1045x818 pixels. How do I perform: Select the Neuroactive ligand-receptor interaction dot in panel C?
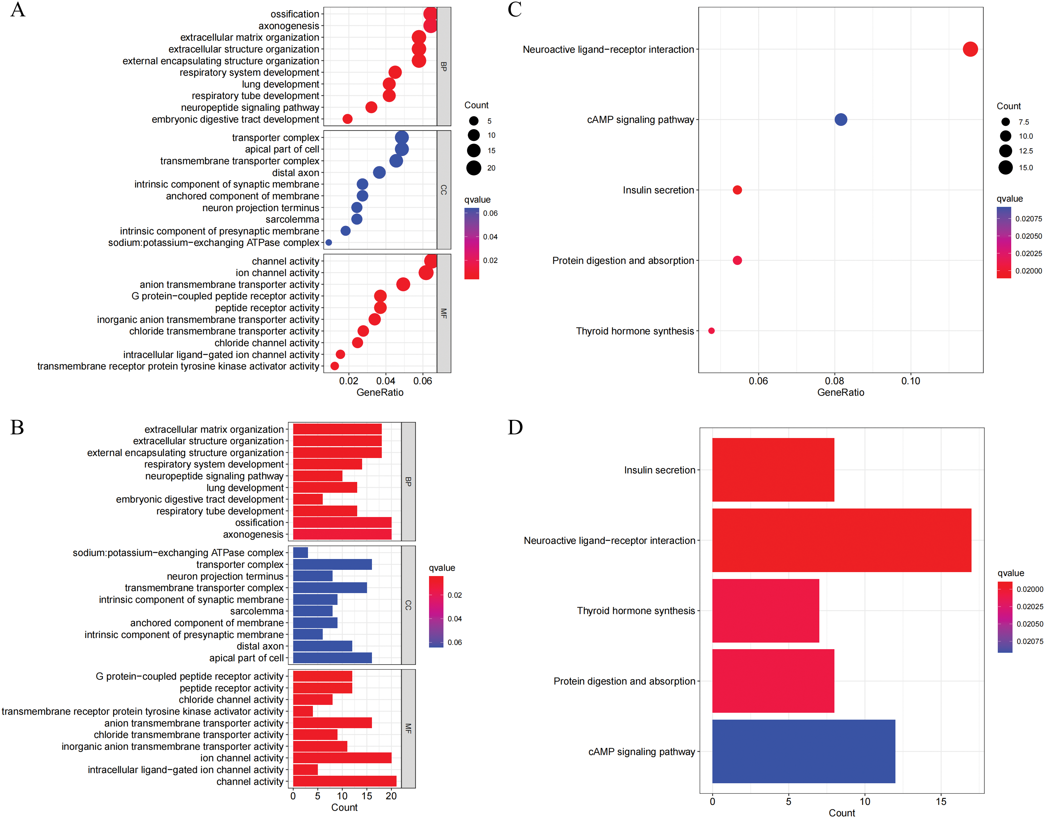(970, 49)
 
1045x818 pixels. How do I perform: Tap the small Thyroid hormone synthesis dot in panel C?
(711, 330)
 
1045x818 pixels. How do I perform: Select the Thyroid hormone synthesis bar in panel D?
(765, 610)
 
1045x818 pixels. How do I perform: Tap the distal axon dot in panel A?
(379, 172)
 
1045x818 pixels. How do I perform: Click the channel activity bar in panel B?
(344, 781)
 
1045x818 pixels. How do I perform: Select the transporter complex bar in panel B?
(332, 564)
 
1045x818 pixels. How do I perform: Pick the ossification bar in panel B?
(342, 523)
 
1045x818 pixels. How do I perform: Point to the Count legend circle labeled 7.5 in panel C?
(1005, 122)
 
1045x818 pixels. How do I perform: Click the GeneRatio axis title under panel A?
(379, 393)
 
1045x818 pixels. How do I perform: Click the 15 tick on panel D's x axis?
(941, 801)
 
